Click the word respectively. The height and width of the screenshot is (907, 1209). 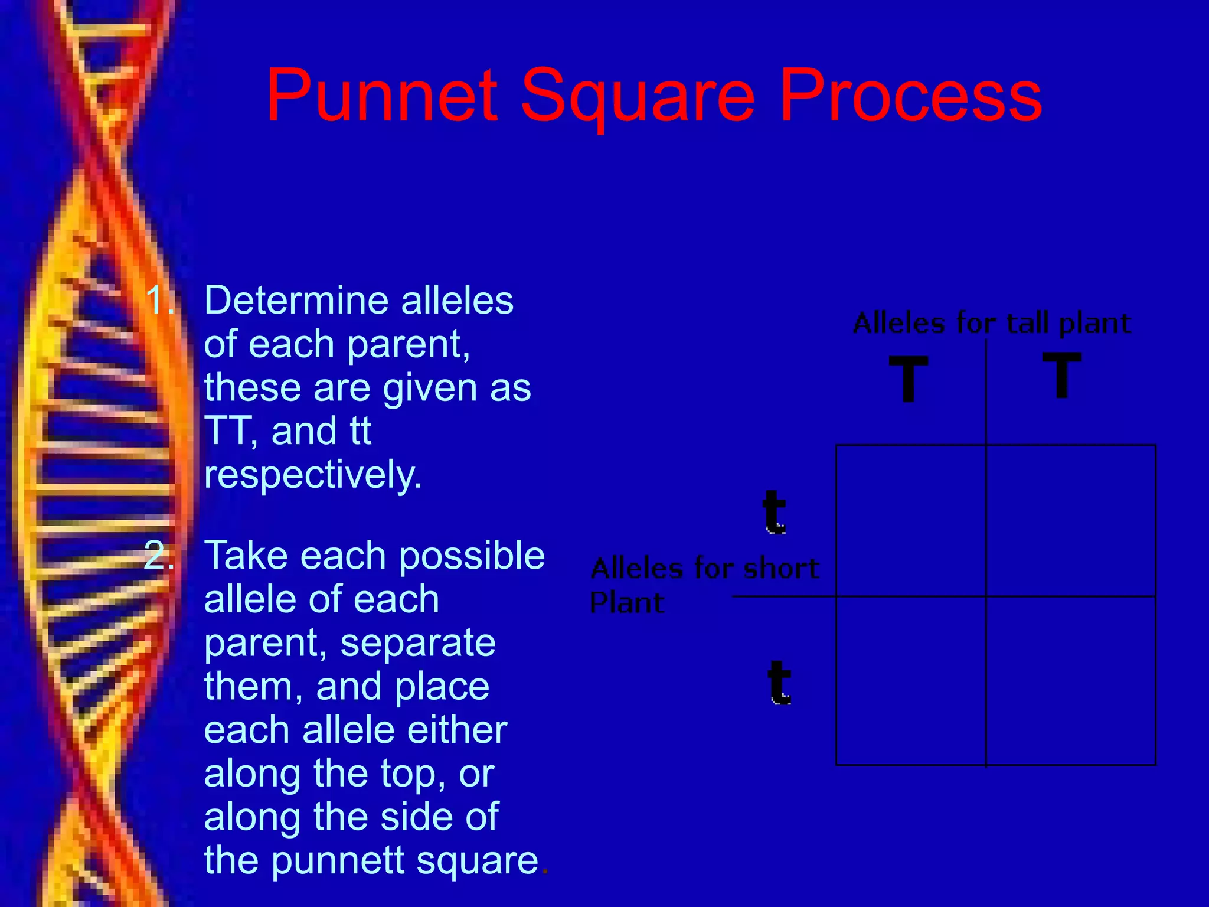coord(313,475)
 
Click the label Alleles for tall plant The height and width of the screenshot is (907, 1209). coord(992,323)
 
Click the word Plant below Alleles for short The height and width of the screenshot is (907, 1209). coord(627,602)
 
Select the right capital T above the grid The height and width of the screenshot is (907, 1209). coord(1061,375)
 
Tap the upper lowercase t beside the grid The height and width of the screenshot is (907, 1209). coord(774,512)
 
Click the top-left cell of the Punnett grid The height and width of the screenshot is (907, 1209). coord(911,520)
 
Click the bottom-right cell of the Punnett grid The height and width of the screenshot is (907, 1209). coord(1070,680)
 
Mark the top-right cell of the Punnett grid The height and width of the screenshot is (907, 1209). coord(1070,520)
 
